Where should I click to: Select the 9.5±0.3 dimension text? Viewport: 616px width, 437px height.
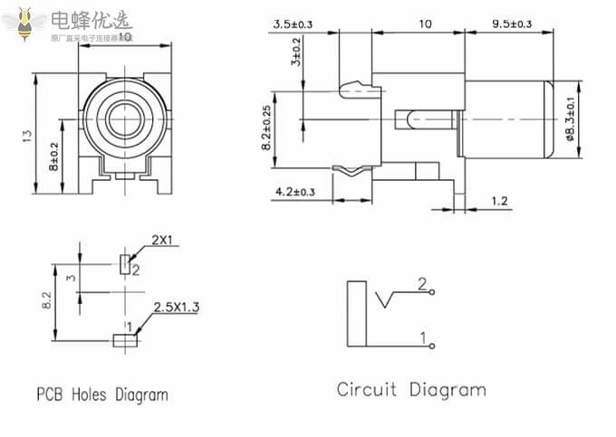coord(511,24)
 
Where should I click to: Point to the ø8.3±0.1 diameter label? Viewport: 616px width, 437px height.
coord(571,119)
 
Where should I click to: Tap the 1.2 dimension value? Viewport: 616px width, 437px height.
coord(498,200)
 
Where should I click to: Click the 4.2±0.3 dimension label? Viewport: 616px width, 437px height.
coord(295,192)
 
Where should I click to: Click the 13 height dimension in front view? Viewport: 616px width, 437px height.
coord(27,135)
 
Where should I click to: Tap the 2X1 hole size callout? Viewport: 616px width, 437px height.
coord(162,240)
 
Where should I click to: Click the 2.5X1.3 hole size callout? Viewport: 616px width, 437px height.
coord(177,307)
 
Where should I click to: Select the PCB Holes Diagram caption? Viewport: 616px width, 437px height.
coord(102,394)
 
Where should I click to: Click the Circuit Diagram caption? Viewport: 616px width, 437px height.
coord(411,390)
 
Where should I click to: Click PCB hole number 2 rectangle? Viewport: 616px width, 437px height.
coord(124,263)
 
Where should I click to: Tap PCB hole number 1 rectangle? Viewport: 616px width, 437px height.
coord(124,340)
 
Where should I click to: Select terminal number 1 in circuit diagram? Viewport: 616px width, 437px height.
coord(433,346)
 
